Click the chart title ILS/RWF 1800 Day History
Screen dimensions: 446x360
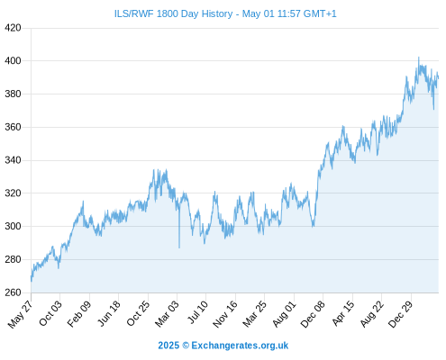click(173, 14)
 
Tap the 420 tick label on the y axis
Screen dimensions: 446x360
click(13, 28)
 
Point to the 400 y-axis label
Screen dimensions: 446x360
click(13, 61)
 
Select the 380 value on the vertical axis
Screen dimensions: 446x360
click(13, 94)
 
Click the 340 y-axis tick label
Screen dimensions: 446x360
click(13, 160)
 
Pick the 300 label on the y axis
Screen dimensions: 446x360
click(13, 226)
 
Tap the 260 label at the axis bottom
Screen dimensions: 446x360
click(13, 292)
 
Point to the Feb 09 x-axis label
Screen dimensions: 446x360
click(79, 314)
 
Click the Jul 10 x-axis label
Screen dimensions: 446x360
click(197, 312)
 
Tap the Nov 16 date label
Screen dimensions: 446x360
click(225, 314)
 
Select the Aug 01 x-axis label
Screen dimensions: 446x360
click(285, 314)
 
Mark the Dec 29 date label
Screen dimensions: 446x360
click(400, 314)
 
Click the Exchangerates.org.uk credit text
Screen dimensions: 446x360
click(240, 346)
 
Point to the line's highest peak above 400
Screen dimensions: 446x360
click(419, 57)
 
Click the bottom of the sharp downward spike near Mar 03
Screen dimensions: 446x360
click(179, 247)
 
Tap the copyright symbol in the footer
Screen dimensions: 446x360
click(186, 346)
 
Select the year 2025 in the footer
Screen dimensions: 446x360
click(168, 346)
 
